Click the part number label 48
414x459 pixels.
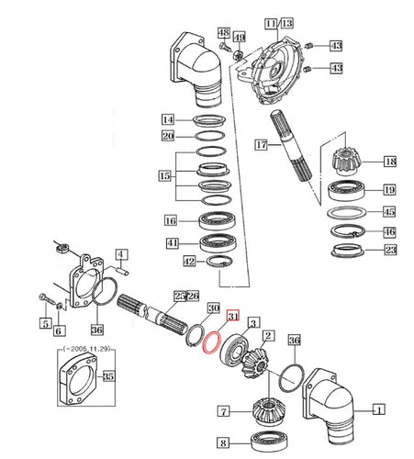[x=224, y=34]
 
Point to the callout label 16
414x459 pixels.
[x=170, y=220]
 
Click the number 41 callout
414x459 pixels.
[x=171, y=242]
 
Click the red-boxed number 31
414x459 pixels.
[x=231, y=317]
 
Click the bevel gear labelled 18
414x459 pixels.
[x=345, y=170]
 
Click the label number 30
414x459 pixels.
[x=213, y=308]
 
